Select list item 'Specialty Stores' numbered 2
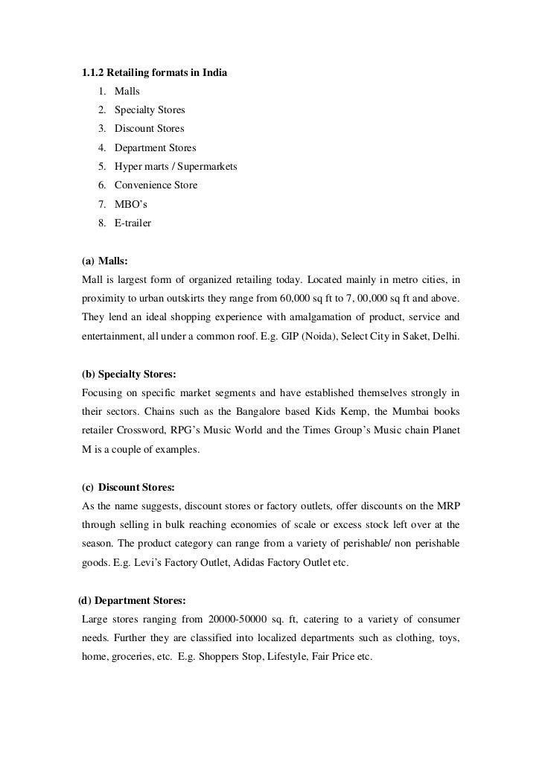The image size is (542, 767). pos(150,110)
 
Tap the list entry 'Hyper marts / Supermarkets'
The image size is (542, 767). pos(176,166)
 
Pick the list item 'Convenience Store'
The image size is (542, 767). pos(156,185)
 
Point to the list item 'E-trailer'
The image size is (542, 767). pos(133,222)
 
